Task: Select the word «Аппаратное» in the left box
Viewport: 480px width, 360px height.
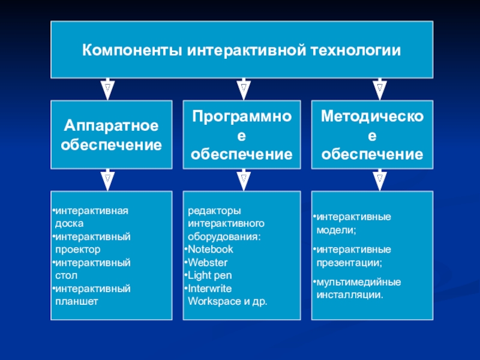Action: click(111, 126)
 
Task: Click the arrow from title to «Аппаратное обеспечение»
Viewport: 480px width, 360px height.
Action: click(107, 89)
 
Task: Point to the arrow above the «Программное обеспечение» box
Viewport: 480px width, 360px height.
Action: click(242, 89)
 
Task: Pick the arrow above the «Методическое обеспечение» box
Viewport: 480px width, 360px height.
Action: click(380, 89)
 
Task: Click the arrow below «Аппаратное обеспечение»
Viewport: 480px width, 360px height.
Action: click(107, 179)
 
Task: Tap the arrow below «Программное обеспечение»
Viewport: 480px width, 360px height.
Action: click(242, 179)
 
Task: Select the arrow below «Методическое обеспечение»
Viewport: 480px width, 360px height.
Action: click(380, 179)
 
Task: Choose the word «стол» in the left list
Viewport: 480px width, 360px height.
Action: click(65, 275)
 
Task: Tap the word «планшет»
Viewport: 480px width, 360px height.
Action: click(76, 301)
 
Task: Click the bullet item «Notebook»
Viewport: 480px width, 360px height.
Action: click(210, 249)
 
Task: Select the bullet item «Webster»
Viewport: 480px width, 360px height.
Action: click(208, 262)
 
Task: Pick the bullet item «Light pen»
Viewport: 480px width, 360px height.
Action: click(210, 275)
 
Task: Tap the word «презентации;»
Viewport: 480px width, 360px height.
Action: click(349, 262)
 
